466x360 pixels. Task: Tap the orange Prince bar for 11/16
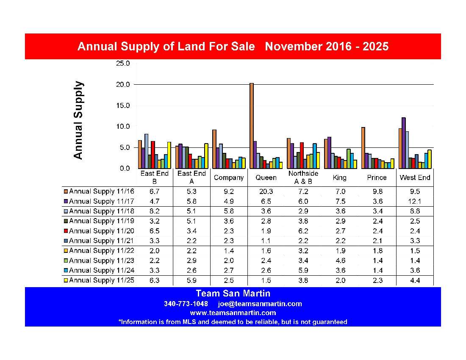(x=363, y=148)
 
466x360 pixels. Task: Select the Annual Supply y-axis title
(x=78, y=120)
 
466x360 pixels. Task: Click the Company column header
(x=229, y=177)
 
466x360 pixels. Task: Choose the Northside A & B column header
(x=303, y=177)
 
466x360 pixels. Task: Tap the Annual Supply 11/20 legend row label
(x=102, y=231)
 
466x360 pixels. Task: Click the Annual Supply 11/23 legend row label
(x=102, y=260)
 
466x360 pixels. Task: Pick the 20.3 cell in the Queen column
(x=266, y=191)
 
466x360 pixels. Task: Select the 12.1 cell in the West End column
(x=415, y=201)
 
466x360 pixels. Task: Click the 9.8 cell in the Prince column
(x=377, y=191)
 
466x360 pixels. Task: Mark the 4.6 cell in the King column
(x=340, y=260)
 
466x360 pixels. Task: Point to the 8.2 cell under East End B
(x=154, y=211)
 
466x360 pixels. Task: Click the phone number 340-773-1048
(x=186, y=304)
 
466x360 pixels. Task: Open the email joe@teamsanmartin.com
(x=260, y=304)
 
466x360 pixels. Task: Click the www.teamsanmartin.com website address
(x=233, y=313)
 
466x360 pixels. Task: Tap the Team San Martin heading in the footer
(x=233, y=294)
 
